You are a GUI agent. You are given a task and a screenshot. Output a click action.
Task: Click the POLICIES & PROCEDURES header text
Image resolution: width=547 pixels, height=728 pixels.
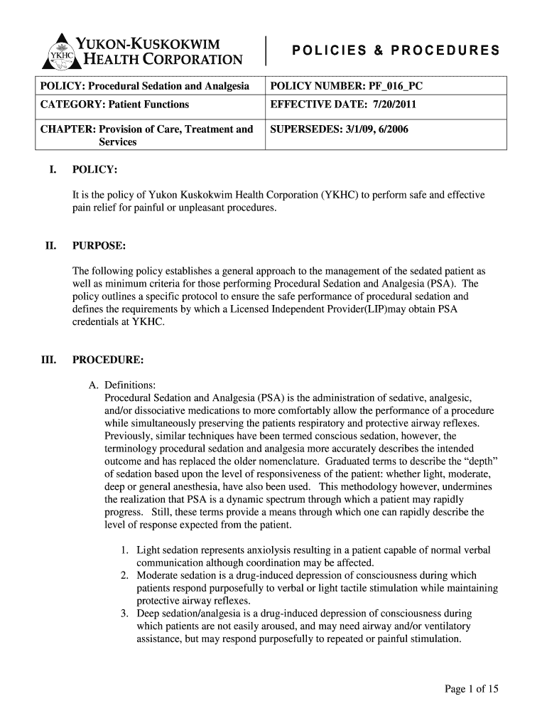click(x=396, y=50)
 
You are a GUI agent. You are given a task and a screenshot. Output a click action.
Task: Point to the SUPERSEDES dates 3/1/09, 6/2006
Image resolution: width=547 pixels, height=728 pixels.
click(x=374, y=129)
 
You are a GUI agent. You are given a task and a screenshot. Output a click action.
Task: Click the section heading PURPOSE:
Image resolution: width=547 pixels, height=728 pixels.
click(x=99, y=246)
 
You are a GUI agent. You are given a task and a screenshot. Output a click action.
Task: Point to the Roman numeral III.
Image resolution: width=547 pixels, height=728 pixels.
click(x=47, y=360)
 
